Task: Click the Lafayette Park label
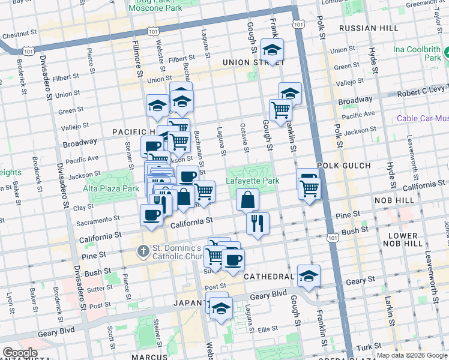(x=253, y=180)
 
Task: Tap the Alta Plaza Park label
(x=112, y=188)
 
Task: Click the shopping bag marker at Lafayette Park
(x=247, y=199)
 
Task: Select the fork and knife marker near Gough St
(x=258, y=223)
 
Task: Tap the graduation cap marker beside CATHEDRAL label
(x=309, y=275)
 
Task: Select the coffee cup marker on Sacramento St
(x=151, y=215)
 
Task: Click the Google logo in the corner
(x=20, y=353)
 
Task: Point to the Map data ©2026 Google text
(x=411, y=355)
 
